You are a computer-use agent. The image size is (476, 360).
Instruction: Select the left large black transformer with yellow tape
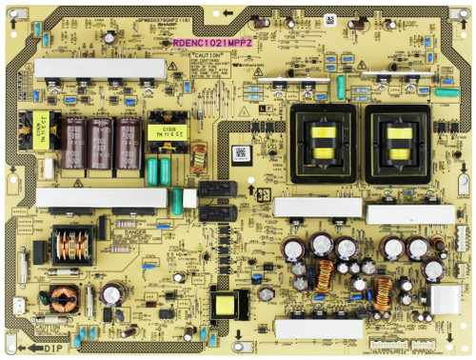coord(323,140)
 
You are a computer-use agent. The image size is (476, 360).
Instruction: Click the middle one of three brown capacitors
coord(100,146)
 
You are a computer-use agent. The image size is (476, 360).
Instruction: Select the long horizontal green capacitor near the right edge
coord(446,92)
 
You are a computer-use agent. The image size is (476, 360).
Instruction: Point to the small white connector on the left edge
coord(18,307)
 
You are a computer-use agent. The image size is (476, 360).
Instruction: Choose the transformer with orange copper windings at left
coord(71,245)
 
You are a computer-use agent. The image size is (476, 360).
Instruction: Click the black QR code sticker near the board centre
coord(241,152)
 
